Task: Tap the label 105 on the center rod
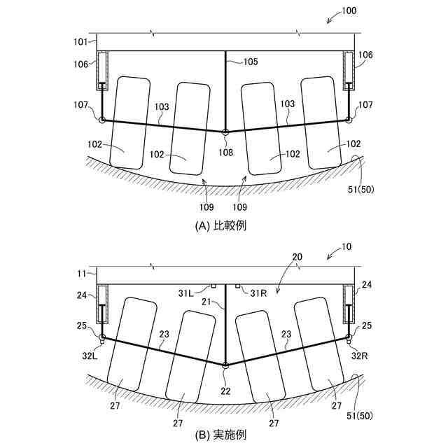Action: pos(251,62)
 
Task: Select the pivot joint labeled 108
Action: pos(225,132)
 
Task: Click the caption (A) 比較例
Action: pos(224,225)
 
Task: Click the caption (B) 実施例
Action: pos(224,434)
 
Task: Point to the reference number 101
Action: pos(81,41)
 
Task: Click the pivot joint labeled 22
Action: pos(225,365)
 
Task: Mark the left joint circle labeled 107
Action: pos(102,120)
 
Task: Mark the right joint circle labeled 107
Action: pos(349,120)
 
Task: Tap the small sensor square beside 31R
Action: pos(238,286)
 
